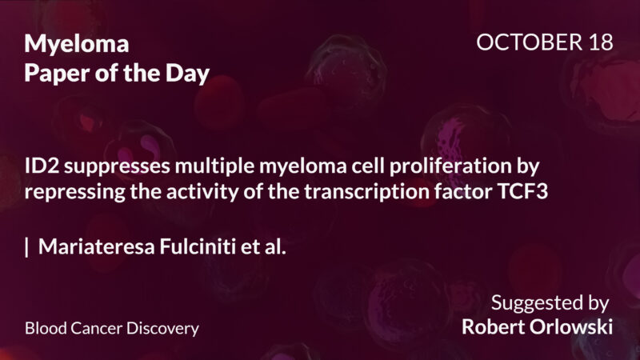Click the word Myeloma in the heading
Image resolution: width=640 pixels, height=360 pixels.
tap(76, 44)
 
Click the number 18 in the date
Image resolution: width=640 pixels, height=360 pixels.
tap(598, 42)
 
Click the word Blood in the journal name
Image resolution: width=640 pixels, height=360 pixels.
tap(44, 329)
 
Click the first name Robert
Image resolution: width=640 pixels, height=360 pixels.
tap(494, 327)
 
